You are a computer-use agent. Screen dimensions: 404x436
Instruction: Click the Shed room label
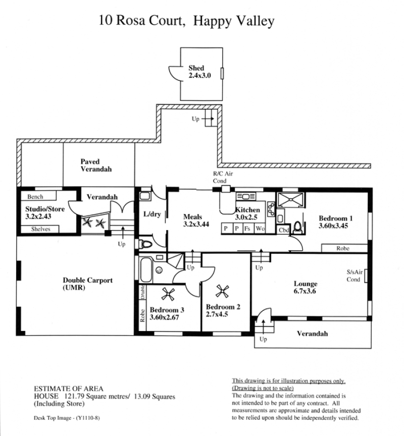pyautogui.click(x=199, y=72)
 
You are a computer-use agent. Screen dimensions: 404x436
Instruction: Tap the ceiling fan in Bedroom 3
pyautogui.click(x=168, y=294)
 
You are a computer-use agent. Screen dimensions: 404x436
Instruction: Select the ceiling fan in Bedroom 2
pyautogui.click(x=222, y=291)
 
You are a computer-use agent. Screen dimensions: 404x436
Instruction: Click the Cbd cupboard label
pyautogui.click(x=284, y=230)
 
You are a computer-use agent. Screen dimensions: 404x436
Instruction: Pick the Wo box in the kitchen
pyautogui.click(x=260, y=228)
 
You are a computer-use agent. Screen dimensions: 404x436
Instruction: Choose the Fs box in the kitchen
pyautogui.click(x=247, y=228)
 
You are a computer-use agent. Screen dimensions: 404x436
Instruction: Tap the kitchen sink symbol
pyautogui.click(x=245, y=196)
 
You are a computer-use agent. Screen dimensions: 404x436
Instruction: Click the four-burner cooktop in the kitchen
pyautogui.click(x=271, y=209)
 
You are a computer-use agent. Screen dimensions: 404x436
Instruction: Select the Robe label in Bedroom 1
pyautogui.click(x=342, y=248)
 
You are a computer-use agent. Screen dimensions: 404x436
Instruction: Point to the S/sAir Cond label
pyautogui.click(x=355, y=276)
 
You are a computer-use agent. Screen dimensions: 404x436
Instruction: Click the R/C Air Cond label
pyautogui.click(x=223, y=177)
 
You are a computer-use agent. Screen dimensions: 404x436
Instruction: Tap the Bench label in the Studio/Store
pyautogui.click(x=35, y=197)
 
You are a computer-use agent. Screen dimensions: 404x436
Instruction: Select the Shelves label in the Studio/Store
pyautogui.click(x=40, y=229)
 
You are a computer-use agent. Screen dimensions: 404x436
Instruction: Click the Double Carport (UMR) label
pyautogui.click(x=88, y=284)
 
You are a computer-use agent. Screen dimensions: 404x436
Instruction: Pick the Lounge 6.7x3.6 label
pyautogui.click(x=305, y=287)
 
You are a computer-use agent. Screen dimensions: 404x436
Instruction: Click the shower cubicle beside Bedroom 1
pyautogui.click(x=291, y=199)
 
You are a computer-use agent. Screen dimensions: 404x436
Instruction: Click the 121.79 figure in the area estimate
pyautogui.click(x=74, y=396)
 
